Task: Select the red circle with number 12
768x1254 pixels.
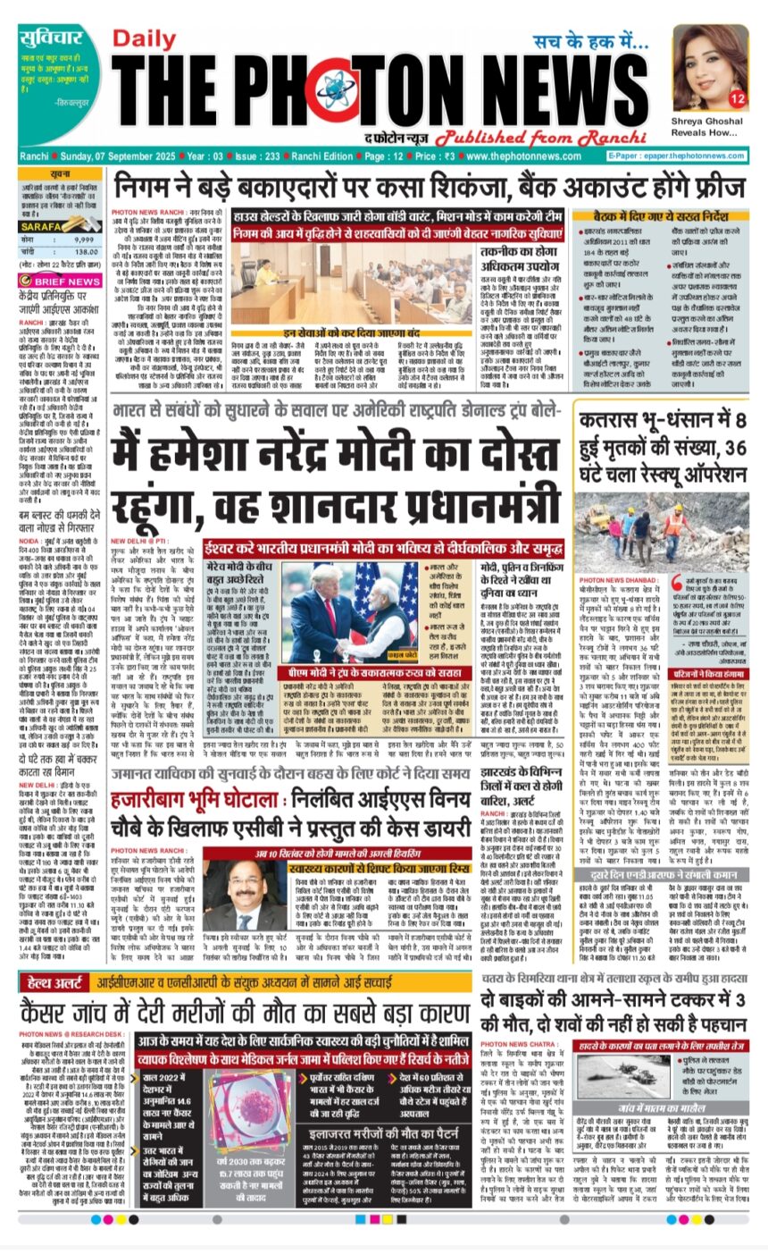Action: click(x=737, y=97)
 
